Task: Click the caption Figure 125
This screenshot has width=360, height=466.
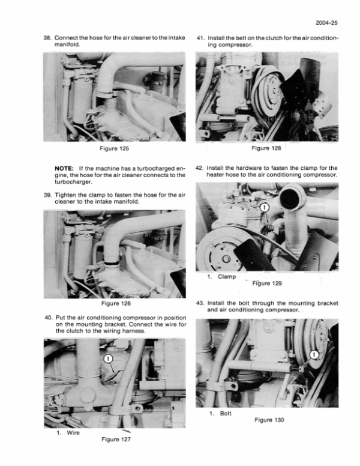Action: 115,148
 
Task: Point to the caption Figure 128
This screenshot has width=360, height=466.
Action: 268,148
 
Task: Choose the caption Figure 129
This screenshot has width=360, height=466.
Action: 268,283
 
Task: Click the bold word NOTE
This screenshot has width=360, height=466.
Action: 64,168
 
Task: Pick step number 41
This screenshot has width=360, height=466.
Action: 201,37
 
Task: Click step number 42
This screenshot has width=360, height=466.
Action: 201,168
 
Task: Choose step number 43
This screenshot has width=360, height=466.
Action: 201,303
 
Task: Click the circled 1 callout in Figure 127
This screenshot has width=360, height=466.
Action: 109,359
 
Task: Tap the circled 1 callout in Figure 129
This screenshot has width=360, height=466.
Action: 266,209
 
